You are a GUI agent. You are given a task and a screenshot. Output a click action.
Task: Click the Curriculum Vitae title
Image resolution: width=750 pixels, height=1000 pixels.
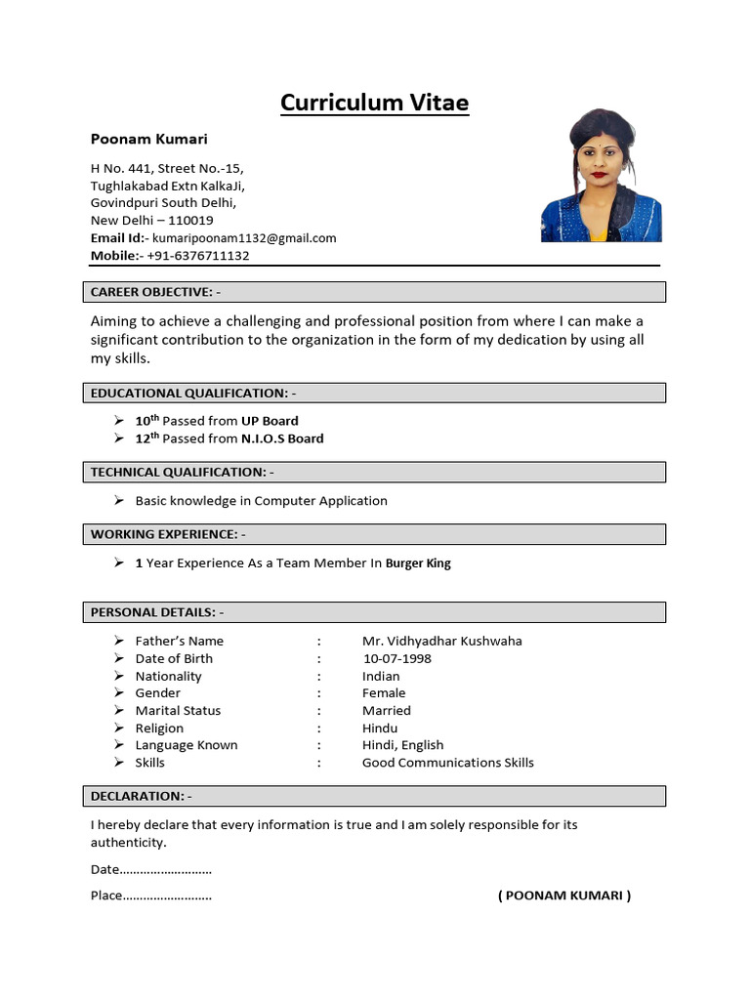click(x=375, y=103)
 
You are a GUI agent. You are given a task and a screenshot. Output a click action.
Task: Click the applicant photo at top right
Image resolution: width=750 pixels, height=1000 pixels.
click(x=601, y=176)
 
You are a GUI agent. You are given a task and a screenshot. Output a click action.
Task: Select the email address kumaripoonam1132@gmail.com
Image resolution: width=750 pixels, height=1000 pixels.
click(x=244, y=238)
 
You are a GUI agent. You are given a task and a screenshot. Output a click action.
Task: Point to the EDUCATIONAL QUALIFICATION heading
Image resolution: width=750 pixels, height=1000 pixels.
click(x=192, y=393)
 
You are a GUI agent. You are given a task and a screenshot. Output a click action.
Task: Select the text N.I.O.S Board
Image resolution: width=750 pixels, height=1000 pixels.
click(x=282, y=438)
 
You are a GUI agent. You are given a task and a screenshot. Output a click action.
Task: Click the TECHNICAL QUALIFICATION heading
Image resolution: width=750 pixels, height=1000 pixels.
click(x=182, y=472)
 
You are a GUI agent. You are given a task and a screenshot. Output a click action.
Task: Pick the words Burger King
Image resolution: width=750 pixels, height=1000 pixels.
click(x=418, y=563)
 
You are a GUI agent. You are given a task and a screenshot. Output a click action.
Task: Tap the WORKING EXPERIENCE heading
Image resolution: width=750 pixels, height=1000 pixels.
click(x=168, y=534)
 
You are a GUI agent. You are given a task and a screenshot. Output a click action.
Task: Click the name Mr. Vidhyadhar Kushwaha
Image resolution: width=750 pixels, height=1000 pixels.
click(x=441, y=641)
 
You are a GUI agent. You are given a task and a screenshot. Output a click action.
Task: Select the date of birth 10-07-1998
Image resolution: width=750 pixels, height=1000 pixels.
click(x=396, y=658)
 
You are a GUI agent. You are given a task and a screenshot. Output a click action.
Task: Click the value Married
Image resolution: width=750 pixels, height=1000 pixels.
click(x=386, y=710)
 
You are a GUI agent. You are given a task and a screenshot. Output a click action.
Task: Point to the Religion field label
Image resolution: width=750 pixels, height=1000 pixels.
click(x=159, y=728)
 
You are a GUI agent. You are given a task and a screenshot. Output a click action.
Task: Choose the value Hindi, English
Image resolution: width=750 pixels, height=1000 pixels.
click(x=403, y=745)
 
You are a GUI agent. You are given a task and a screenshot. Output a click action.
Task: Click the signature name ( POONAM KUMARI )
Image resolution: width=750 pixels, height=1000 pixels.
click(x=564, y=896)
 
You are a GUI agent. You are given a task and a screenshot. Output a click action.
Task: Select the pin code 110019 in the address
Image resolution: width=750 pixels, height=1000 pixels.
click(x=190, y=221)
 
